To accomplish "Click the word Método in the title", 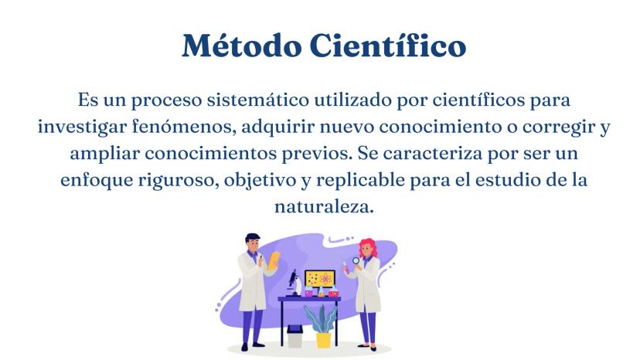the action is coord(242,45).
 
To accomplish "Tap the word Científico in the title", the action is coord(388,45).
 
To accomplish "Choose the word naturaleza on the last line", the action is coord(324,206).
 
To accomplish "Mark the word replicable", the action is coord(360,181).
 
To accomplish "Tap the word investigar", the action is coord(83,127).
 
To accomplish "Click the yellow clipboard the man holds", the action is coord(274,260).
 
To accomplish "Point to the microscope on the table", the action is coord(294,283).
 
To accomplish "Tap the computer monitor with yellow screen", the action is coord(320,279).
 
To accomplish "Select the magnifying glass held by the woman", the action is coord(356,261).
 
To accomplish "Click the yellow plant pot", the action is coord(323,340).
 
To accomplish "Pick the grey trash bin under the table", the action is coord(294,336).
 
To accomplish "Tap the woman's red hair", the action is coord(368,247).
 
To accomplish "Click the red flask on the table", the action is coord(334,292).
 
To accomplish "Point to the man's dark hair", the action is coord(252,237).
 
